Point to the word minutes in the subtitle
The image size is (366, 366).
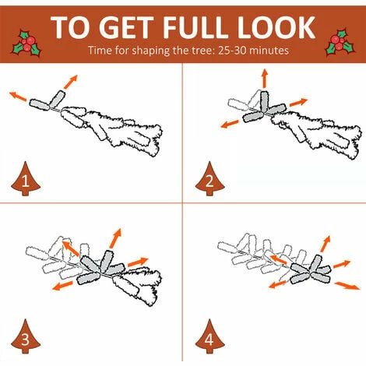[269, 50]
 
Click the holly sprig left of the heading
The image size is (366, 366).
[26, 44]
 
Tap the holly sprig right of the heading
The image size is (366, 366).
[340, 43]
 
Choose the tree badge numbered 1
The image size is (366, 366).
[26, 178]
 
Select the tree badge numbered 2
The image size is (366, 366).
[209, 178]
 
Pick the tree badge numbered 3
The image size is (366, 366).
[26, 336]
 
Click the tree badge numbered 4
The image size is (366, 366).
[209, 336]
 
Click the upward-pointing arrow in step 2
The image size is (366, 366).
[265, 79]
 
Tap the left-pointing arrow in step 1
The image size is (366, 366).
[18, 97]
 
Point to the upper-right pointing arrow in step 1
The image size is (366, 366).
[71, 82]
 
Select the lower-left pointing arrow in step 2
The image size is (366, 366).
[230, 124]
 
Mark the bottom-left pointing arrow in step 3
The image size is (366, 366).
[62, 286]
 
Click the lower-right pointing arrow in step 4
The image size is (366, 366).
[347, 286]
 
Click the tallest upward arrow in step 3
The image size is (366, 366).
[115, 238]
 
